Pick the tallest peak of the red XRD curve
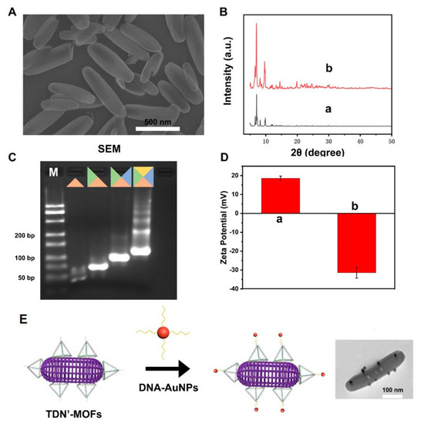coord(256,25)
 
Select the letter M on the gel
coord(54,172)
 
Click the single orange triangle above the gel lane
coord(75,181)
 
